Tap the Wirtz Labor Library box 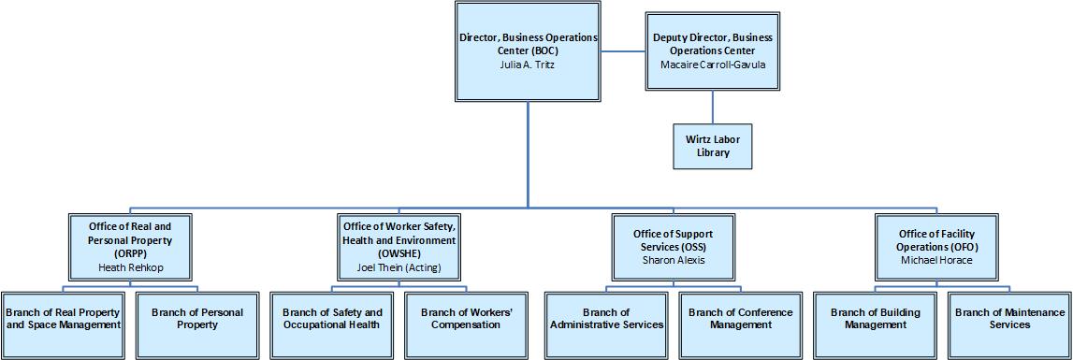point(713,146)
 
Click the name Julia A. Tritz point(529,65)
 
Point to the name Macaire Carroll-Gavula point(713,65)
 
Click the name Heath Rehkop point(130,266)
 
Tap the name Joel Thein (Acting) point(399,267)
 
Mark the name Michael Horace point(936,260)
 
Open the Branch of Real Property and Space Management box point(63,319)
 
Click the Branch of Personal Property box point(197,319)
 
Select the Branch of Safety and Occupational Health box point(332,319)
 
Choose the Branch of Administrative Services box point(604,319)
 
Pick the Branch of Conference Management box point(740,319)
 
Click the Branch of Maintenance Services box point(1010,319)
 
